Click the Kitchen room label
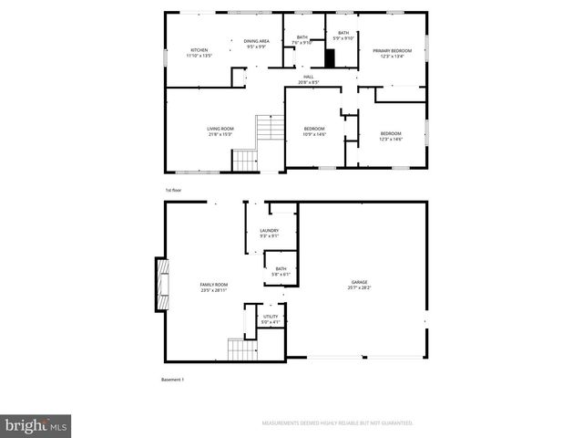(199, 52)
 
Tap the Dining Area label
(256, 43)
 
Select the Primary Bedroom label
(392, 52)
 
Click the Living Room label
(220, 131)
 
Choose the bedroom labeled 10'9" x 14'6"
(314, 131)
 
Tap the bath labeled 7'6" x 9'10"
(302, 40)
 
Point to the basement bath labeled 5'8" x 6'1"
(281, 271)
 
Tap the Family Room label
(214, 287)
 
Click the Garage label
(360, 286)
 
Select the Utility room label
(271, 319)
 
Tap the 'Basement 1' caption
(173, 379)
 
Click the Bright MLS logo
(36, 425)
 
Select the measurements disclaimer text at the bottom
(337, 423)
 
